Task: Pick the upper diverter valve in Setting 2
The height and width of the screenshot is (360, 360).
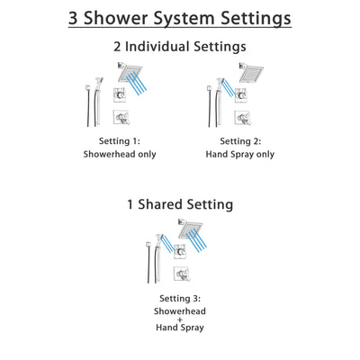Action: click(x=243, y=97)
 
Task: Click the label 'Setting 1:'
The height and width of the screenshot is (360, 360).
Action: click(x=120, y=140)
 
